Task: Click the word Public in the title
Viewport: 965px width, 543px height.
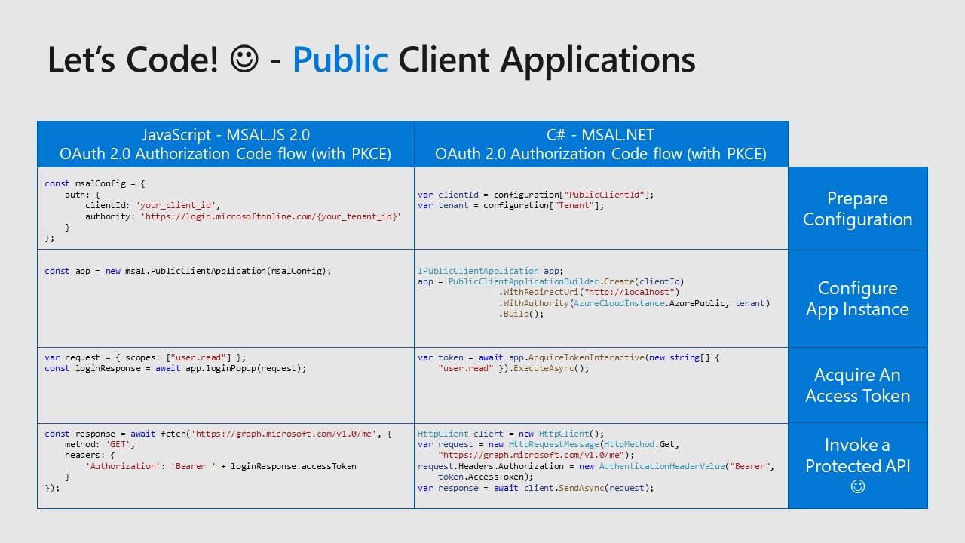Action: point(340,60)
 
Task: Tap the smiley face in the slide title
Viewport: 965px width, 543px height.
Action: point(244,59)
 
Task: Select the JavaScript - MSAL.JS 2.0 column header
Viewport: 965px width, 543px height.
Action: point(225,144)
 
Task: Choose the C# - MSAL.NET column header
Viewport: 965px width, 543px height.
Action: point(601,144)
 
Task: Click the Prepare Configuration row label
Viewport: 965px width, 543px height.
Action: point(857,209)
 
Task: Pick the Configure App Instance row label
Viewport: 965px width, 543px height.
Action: point(857,298)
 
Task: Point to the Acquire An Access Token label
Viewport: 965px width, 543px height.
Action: point(857,385)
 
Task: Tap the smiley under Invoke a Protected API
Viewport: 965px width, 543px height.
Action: point(858,486)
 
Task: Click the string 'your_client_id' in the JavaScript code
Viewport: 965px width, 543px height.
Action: point(176,206)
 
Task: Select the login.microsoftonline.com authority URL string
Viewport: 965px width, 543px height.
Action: point(271,216)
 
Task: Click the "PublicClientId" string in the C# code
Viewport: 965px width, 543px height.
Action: point(604,195)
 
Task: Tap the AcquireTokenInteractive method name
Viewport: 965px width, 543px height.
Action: point(586,357)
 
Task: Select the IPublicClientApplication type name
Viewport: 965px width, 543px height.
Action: point(478,271)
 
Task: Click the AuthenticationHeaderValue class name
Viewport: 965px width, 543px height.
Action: point(662,466)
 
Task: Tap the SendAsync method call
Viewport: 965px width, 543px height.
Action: point(581,488)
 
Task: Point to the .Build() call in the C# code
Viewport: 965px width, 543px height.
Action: point(521,314)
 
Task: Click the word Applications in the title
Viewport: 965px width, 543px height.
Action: point(598,60)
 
